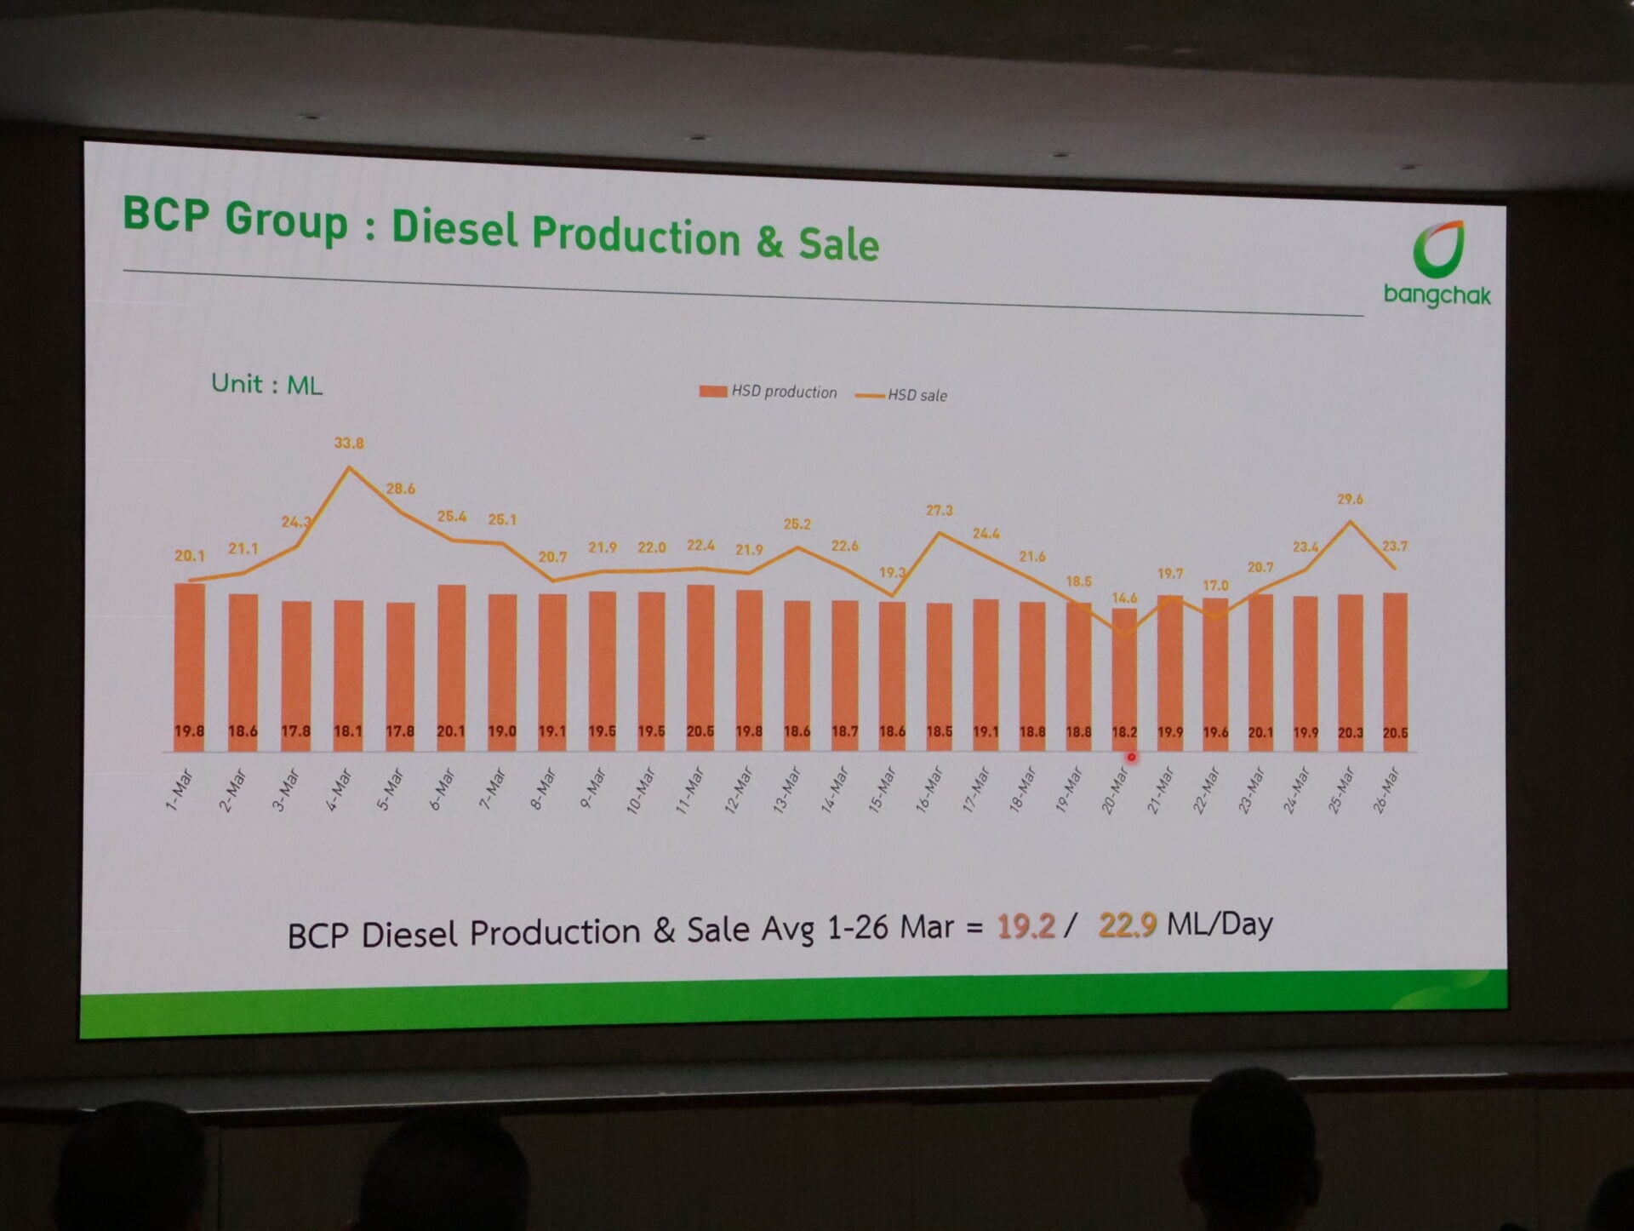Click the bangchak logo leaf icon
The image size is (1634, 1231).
coord(1438,249)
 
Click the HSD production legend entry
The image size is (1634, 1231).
coord(768,392)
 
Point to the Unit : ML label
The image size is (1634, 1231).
coord(266,385)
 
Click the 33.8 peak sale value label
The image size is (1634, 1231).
coord(349,443)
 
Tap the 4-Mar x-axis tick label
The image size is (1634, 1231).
coord(340,789)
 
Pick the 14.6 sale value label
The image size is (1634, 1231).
coord(1124,598)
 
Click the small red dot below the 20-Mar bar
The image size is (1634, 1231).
coord(1131,757)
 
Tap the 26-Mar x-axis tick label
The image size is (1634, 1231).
coord(1386,791)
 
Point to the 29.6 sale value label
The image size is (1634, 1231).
coord(1350,499)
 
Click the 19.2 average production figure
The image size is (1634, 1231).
coord(1026,925)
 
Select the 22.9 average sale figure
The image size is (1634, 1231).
coord(1127,925)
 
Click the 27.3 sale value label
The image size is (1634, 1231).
coord(940,510)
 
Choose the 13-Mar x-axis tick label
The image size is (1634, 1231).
coord(787,790)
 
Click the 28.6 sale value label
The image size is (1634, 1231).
coord(400,489)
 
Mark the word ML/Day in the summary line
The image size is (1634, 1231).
coord(1220,923)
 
